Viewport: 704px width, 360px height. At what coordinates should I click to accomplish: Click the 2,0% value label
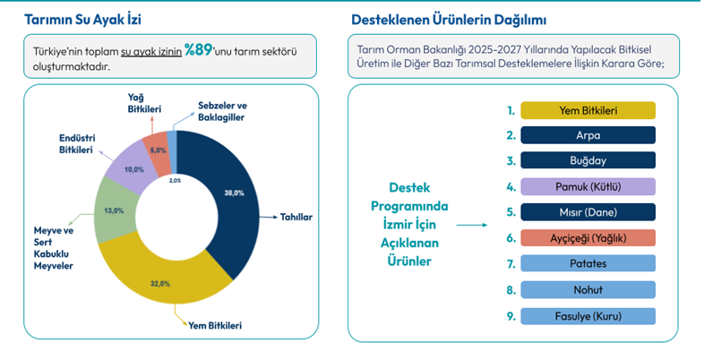175,180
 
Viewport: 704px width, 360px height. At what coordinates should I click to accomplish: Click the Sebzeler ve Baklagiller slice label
220,111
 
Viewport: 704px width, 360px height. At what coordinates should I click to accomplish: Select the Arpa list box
588,136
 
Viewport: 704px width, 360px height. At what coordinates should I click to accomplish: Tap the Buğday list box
588,162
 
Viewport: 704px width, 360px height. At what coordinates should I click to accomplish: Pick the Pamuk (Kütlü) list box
588,187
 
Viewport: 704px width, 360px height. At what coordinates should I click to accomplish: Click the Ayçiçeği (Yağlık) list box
588,238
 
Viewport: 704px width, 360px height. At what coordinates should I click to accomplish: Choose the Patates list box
588,264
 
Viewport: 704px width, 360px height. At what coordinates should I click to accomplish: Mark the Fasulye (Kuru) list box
588,316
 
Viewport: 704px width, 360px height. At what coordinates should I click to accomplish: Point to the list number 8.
511,290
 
